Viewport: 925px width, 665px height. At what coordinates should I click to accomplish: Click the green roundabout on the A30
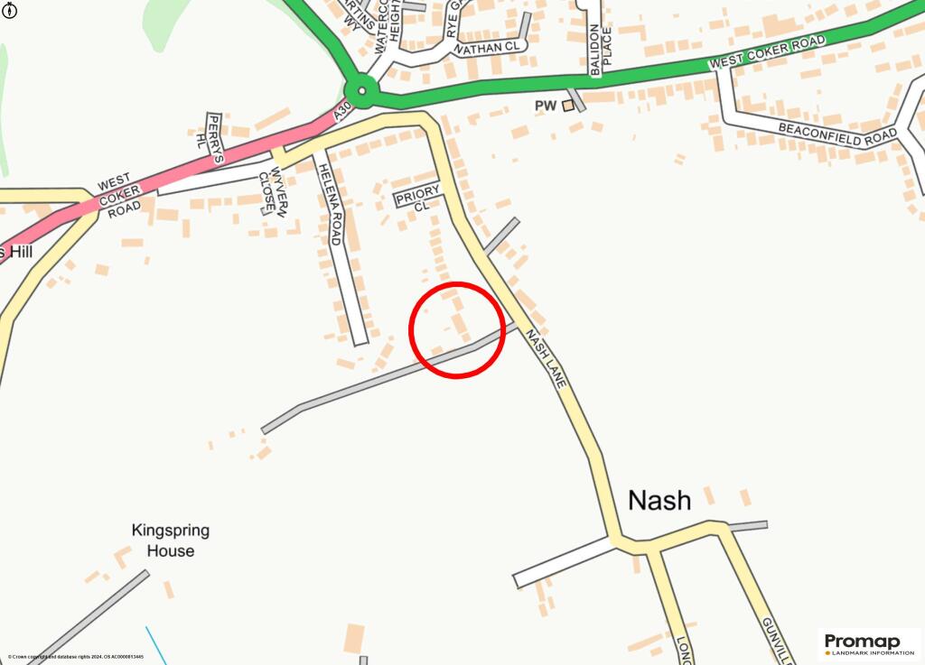click(361, 90)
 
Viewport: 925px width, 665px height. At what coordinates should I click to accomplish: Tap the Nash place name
click(659, 501)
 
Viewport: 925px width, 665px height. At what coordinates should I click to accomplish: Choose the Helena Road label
click(330, 208)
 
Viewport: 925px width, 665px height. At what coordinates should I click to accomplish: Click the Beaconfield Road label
click(839, 134)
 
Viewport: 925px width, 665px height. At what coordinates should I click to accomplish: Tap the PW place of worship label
click(545, 106)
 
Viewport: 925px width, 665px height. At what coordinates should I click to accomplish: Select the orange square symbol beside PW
click(567, 106)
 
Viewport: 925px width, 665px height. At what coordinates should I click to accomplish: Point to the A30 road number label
click(341, 112)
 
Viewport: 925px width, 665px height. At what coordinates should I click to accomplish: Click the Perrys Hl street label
click(209, 137)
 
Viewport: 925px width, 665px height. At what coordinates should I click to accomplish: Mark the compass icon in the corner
click(10, 12)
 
